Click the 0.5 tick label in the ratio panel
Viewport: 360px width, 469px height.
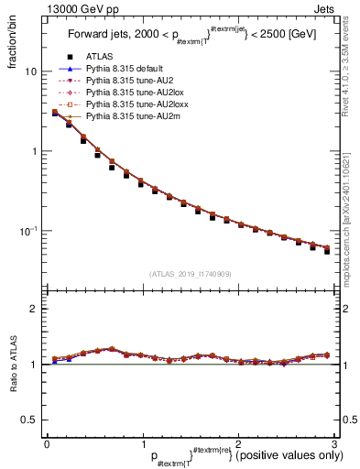[x=28, y=420]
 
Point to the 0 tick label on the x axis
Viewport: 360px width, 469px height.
[x=46, y=444]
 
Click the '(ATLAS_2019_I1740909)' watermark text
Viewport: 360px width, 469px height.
[x=189, y=274]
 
